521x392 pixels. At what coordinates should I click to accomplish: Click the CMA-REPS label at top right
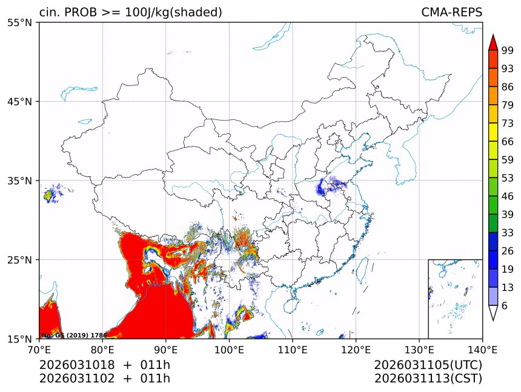point(451,12)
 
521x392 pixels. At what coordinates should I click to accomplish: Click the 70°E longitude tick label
point(39,350)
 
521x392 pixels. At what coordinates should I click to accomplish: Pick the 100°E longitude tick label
point(229,350)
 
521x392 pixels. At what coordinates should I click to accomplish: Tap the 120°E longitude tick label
point(356,350)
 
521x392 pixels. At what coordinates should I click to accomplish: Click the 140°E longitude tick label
point(482,350)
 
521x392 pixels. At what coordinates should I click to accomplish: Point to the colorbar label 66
point(507,141)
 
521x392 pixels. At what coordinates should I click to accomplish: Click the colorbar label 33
point(507,233)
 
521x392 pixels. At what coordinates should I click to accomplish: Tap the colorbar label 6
point(504,306)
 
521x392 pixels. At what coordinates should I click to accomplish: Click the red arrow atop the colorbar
point(493,42)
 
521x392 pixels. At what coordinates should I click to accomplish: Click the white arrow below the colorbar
point(493,313)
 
